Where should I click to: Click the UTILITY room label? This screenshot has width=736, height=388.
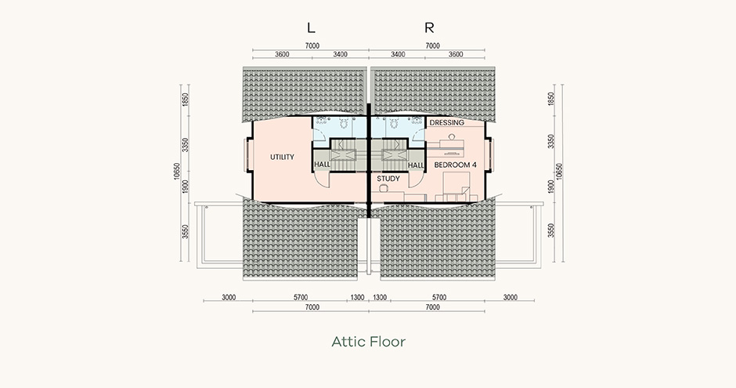click(x=282, y=157)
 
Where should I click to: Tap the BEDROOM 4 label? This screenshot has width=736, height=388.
click(x=456, y=165)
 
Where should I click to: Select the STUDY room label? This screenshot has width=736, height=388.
click(x=388, y=179)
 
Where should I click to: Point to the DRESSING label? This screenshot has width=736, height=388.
click(x=447, y=122)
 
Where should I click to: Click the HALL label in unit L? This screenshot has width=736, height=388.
click(x=322, y=165)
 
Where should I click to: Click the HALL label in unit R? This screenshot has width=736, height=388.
click(x=416, y=165)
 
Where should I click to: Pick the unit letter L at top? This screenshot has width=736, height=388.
click(x=311, y=28)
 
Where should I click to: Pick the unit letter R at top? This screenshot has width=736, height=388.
click(x=429, y=28)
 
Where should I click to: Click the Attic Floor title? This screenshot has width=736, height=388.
click(x=369, y=342)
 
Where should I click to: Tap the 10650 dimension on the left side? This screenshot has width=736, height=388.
click(x=176, y=172)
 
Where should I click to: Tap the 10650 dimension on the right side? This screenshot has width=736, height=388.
click(x=558, y=172)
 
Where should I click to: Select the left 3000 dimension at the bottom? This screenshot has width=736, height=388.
click(x=229, y=297)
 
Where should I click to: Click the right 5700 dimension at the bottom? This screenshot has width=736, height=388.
click(x=439, y=297)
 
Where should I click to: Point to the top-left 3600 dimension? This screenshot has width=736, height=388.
click(x=282, y=54)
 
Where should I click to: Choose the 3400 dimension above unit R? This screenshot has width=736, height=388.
click(x=398, y=54)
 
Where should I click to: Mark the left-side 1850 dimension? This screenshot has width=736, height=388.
click(x=186, y=99)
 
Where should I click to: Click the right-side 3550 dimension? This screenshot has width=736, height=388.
click(x=551, y=230)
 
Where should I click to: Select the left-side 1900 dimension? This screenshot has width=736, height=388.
click(x=186, y=187)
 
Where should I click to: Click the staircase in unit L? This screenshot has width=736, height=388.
click(x=344, y=155)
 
